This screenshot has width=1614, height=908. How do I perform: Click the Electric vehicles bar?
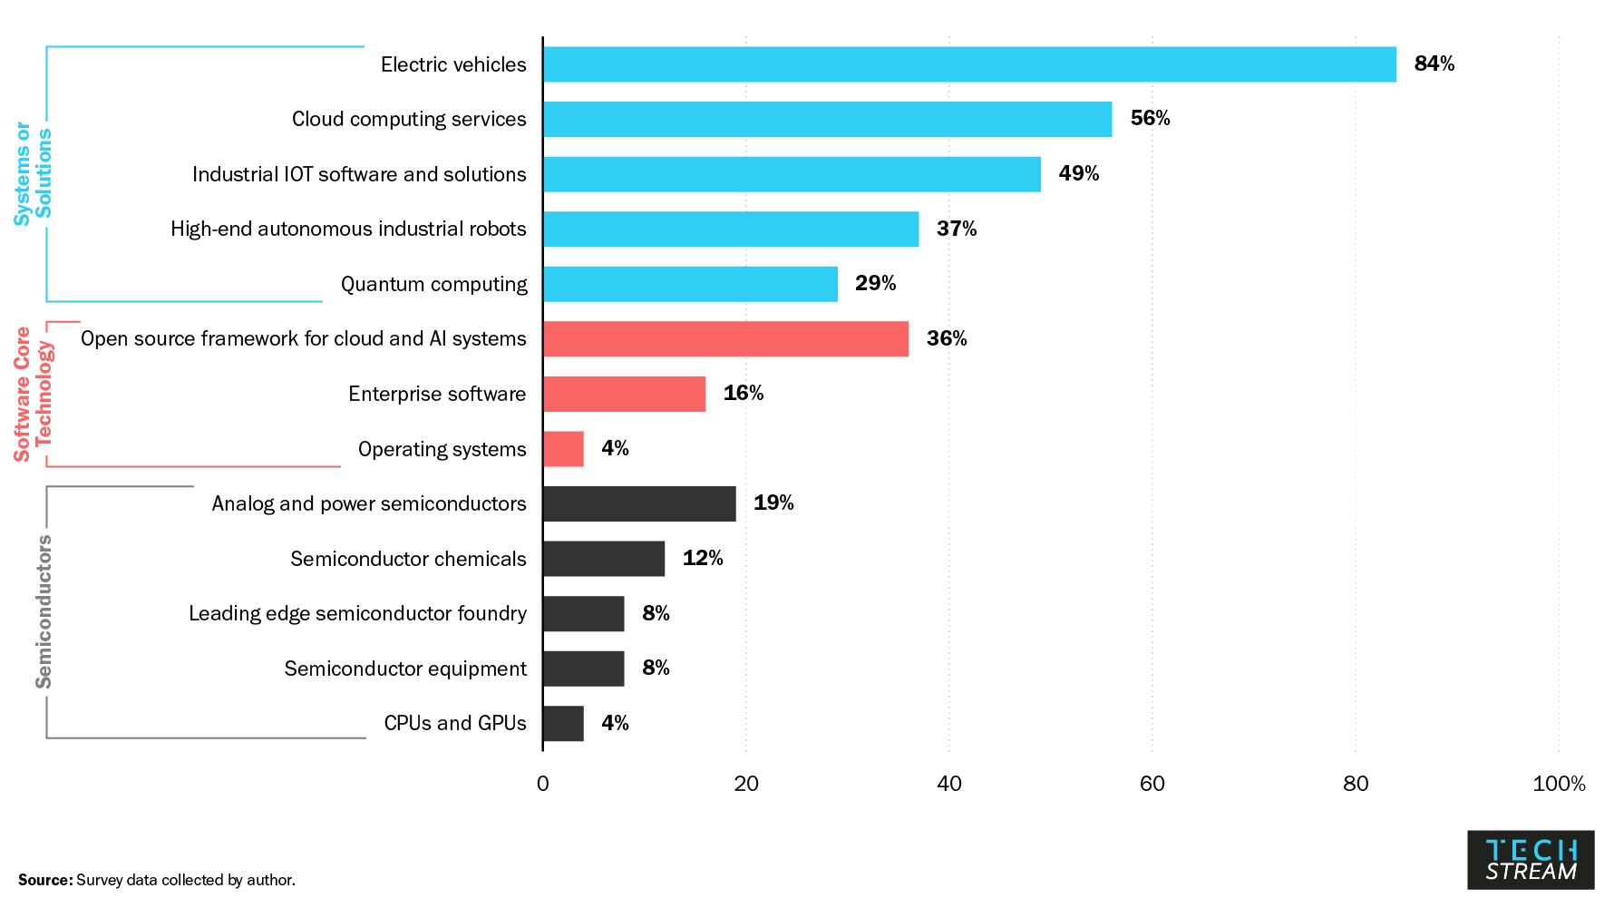coord(969,64)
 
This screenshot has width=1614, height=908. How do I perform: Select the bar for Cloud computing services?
coord(827,119)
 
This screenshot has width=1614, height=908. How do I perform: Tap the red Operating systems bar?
coord(563,449)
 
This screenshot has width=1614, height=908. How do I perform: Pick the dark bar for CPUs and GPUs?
coord(563,724)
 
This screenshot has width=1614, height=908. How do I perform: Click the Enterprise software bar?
coord(624,394)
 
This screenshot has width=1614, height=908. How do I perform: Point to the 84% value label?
coord(1434,63)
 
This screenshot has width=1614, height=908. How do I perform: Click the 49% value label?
coord(1078,173)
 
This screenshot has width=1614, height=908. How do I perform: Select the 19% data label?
coord(773,503)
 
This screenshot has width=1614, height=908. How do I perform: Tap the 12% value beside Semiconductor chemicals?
coord(702,558)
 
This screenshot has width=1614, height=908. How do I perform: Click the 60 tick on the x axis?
coord(1152,784)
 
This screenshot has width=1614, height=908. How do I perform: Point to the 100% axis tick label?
coord(1558,784)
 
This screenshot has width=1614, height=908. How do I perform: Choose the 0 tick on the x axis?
coord(542,784)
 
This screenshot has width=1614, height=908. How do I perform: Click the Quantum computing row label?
coord(433,284)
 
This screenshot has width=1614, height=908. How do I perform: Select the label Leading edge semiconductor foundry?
coord(357,614)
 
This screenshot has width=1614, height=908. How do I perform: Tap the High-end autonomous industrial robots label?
coord(348,229)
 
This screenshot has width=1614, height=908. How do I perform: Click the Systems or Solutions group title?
coord(34,173)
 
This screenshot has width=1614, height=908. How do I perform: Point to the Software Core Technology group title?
coord(34,394)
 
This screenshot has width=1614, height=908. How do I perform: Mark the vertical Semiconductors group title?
coord(44,612)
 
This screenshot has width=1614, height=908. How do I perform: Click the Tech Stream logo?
coord(1531,860)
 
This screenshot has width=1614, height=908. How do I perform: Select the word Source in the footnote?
coord(44,880)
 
